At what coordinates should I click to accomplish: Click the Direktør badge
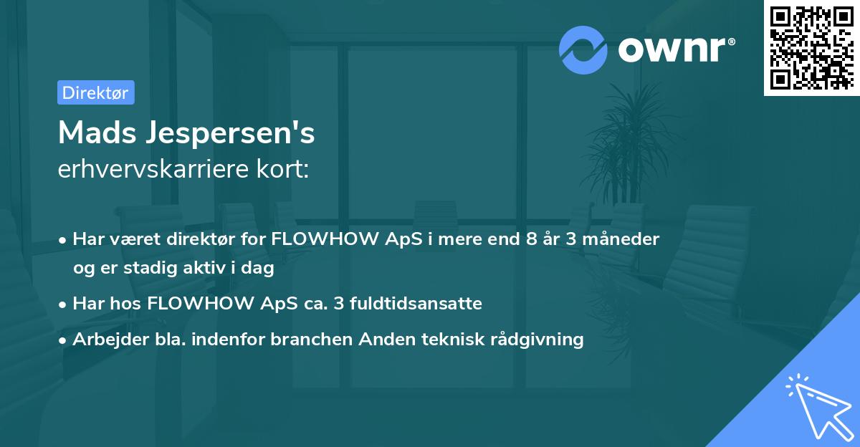pos(95,92)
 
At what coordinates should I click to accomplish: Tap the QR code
pos(811,47)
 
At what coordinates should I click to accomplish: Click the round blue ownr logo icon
pos(583,49)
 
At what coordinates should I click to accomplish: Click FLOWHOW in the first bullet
pos(327,239)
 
